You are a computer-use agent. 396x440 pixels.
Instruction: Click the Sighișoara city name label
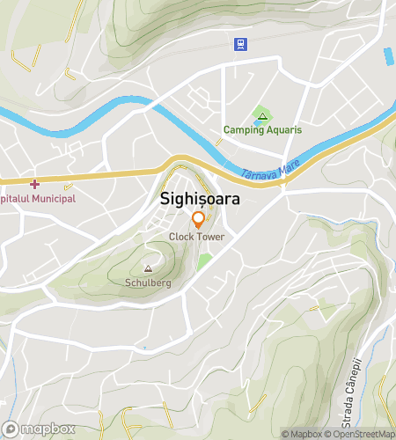pyautogui.click(x=201, y=199)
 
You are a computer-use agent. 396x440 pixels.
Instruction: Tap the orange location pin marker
pyautogui.click(x=198, y=220)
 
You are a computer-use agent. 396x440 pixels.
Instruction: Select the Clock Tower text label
pyautogui.click(x=197, y=237)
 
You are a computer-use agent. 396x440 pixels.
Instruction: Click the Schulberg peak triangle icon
pyautogui.click(x=147, y=270)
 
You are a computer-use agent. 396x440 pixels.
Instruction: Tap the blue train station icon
pyautogui.click(x=239, y=43)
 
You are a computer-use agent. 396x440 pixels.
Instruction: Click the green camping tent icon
pyautogui.click(x=260, y=115)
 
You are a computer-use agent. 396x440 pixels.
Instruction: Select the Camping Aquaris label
pyautogui.click(x=261, y=129)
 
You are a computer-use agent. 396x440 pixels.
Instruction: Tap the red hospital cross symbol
pyautogui.click(x=34, y=184)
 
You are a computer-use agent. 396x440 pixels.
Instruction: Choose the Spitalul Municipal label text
pyautogui.click(x=39, y=199)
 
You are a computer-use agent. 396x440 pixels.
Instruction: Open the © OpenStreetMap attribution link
pyautogui.click(x=361, y=434)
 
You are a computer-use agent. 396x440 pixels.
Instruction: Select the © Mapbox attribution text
pyautogui.click(x=302, y=434)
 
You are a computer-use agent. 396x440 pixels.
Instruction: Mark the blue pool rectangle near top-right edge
pyautogui.click(x=388, y=56)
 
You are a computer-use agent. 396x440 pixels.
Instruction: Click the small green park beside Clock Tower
pyautogui.click(x=205, y=260)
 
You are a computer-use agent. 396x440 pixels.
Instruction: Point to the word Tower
pyautogui.click(x=210, y=237)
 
